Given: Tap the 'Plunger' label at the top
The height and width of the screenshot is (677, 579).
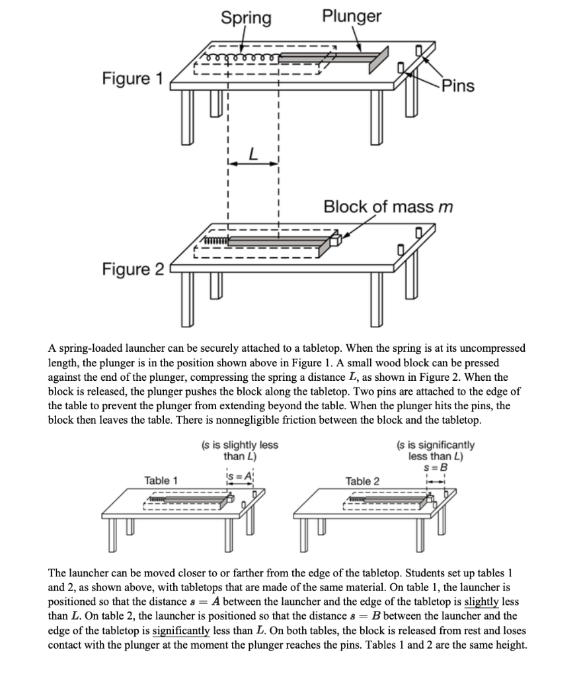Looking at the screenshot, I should click(351, 16).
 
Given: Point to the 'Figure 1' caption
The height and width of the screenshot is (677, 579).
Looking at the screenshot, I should click(132, 79).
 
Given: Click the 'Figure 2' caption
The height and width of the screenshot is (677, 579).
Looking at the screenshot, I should click(132, 269).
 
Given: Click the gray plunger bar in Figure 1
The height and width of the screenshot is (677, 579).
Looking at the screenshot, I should click(330, 58).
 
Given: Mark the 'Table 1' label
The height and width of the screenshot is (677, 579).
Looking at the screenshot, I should click(161, 481).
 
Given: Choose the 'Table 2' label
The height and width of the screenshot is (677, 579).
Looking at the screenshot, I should click(362, 481).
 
